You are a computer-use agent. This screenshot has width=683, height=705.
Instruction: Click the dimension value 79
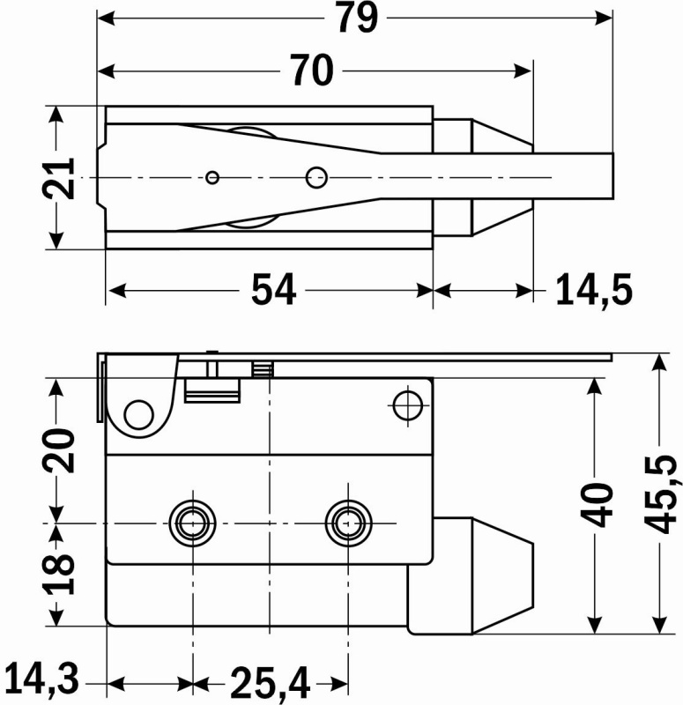356,19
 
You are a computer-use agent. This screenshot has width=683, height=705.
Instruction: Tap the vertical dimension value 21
58,179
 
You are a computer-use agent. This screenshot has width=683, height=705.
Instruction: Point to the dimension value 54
273,290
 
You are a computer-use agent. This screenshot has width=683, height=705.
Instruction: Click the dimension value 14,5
594,290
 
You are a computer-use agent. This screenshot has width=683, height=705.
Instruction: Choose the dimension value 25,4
271,682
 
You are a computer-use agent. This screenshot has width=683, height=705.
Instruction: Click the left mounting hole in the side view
191,522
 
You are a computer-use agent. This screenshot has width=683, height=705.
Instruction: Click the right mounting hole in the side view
345,522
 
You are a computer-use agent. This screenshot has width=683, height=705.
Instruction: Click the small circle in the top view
212,177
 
